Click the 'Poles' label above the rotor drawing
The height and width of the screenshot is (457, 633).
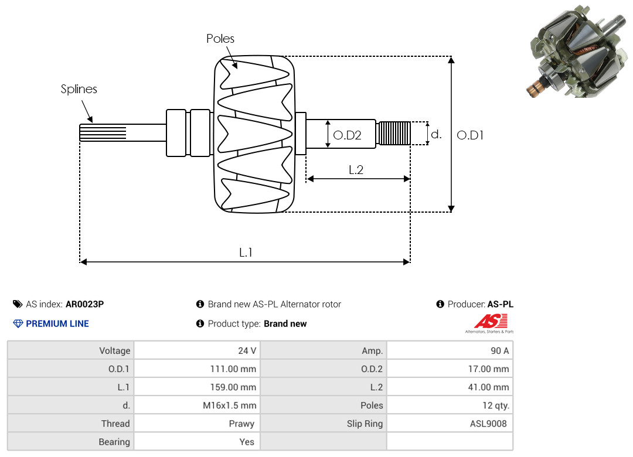tap(220, 38)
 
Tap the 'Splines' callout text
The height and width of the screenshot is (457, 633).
tap(79, 89)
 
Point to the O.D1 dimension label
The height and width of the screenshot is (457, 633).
tap(470, 135)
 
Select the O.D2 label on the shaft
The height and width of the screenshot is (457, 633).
tap(347, 135)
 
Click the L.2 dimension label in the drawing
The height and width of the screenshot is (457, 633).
tap(356, 169)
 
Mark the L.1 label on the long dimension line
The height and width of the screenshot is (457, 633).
tap(246, 253)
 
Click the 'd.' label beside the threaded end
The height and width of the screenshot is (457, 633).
tap(437, 134)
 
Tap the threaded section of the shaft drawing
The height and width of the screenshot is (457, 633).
tap(394, 133)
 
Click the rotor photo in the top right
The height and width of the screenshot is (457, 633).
tap(577, 52)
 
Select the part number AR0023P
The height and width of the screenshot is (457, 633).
tap(85, 304)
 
